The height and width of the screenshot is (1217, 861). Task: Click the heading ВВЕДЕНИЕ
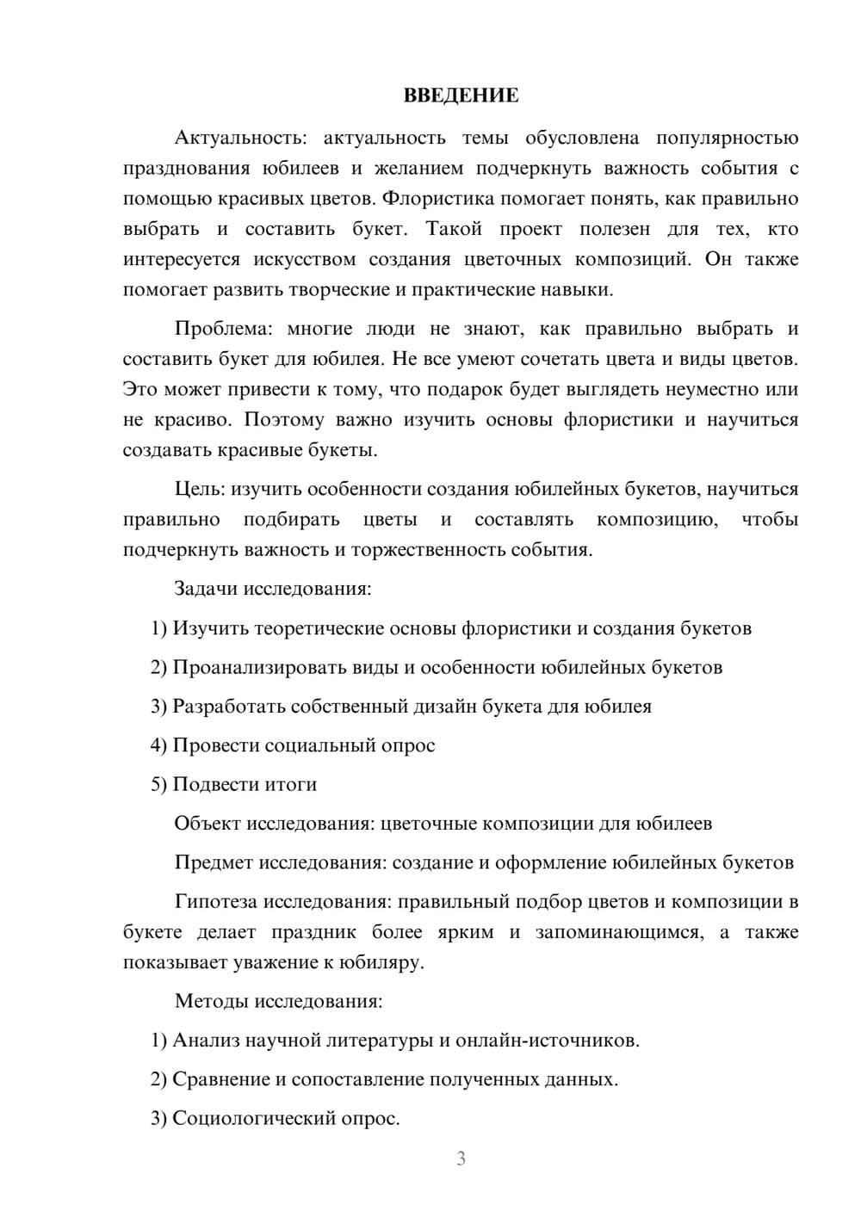coord(461,96)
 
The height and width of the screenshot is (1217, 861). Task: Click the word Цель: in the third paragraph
coord(200,489)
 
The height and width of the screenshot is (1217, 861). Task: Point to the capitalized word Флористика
coord(438,199)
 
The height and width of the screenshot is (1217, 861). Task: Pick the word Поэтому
coord(284,420)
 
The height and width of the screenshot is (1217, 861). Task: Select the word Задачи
coord(206,589)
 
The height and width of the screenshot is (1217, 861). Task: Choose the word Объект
coord(208,824)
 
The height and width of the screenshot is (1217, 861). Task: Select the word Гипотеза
coord(216,902)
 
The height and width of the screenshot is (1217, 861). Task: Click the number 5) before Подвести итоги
coord(158,784)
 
